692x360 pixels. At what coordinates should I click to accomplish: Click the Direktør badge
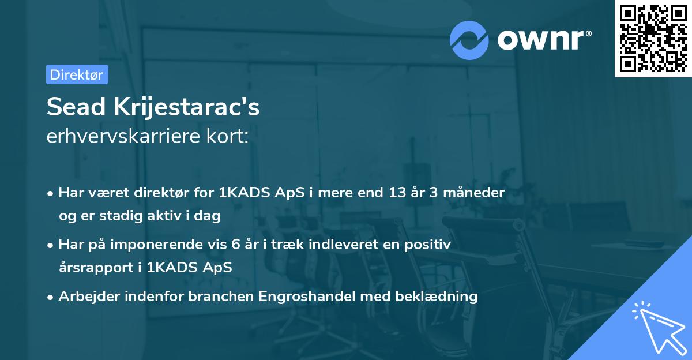click(77, 74)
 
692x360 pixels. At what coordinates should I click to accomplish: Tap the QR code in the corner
click(653, 38)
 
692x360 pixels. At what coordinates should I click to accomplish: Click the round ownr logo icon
click(469, 40)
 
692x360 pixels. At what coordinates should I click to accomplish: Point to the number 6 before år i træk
click(235, 245)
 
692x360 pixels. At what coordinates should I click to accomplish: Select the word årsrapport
click(99, 268)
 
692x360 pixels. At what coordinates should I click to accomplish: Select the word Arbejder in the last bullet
click(85, 297)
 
